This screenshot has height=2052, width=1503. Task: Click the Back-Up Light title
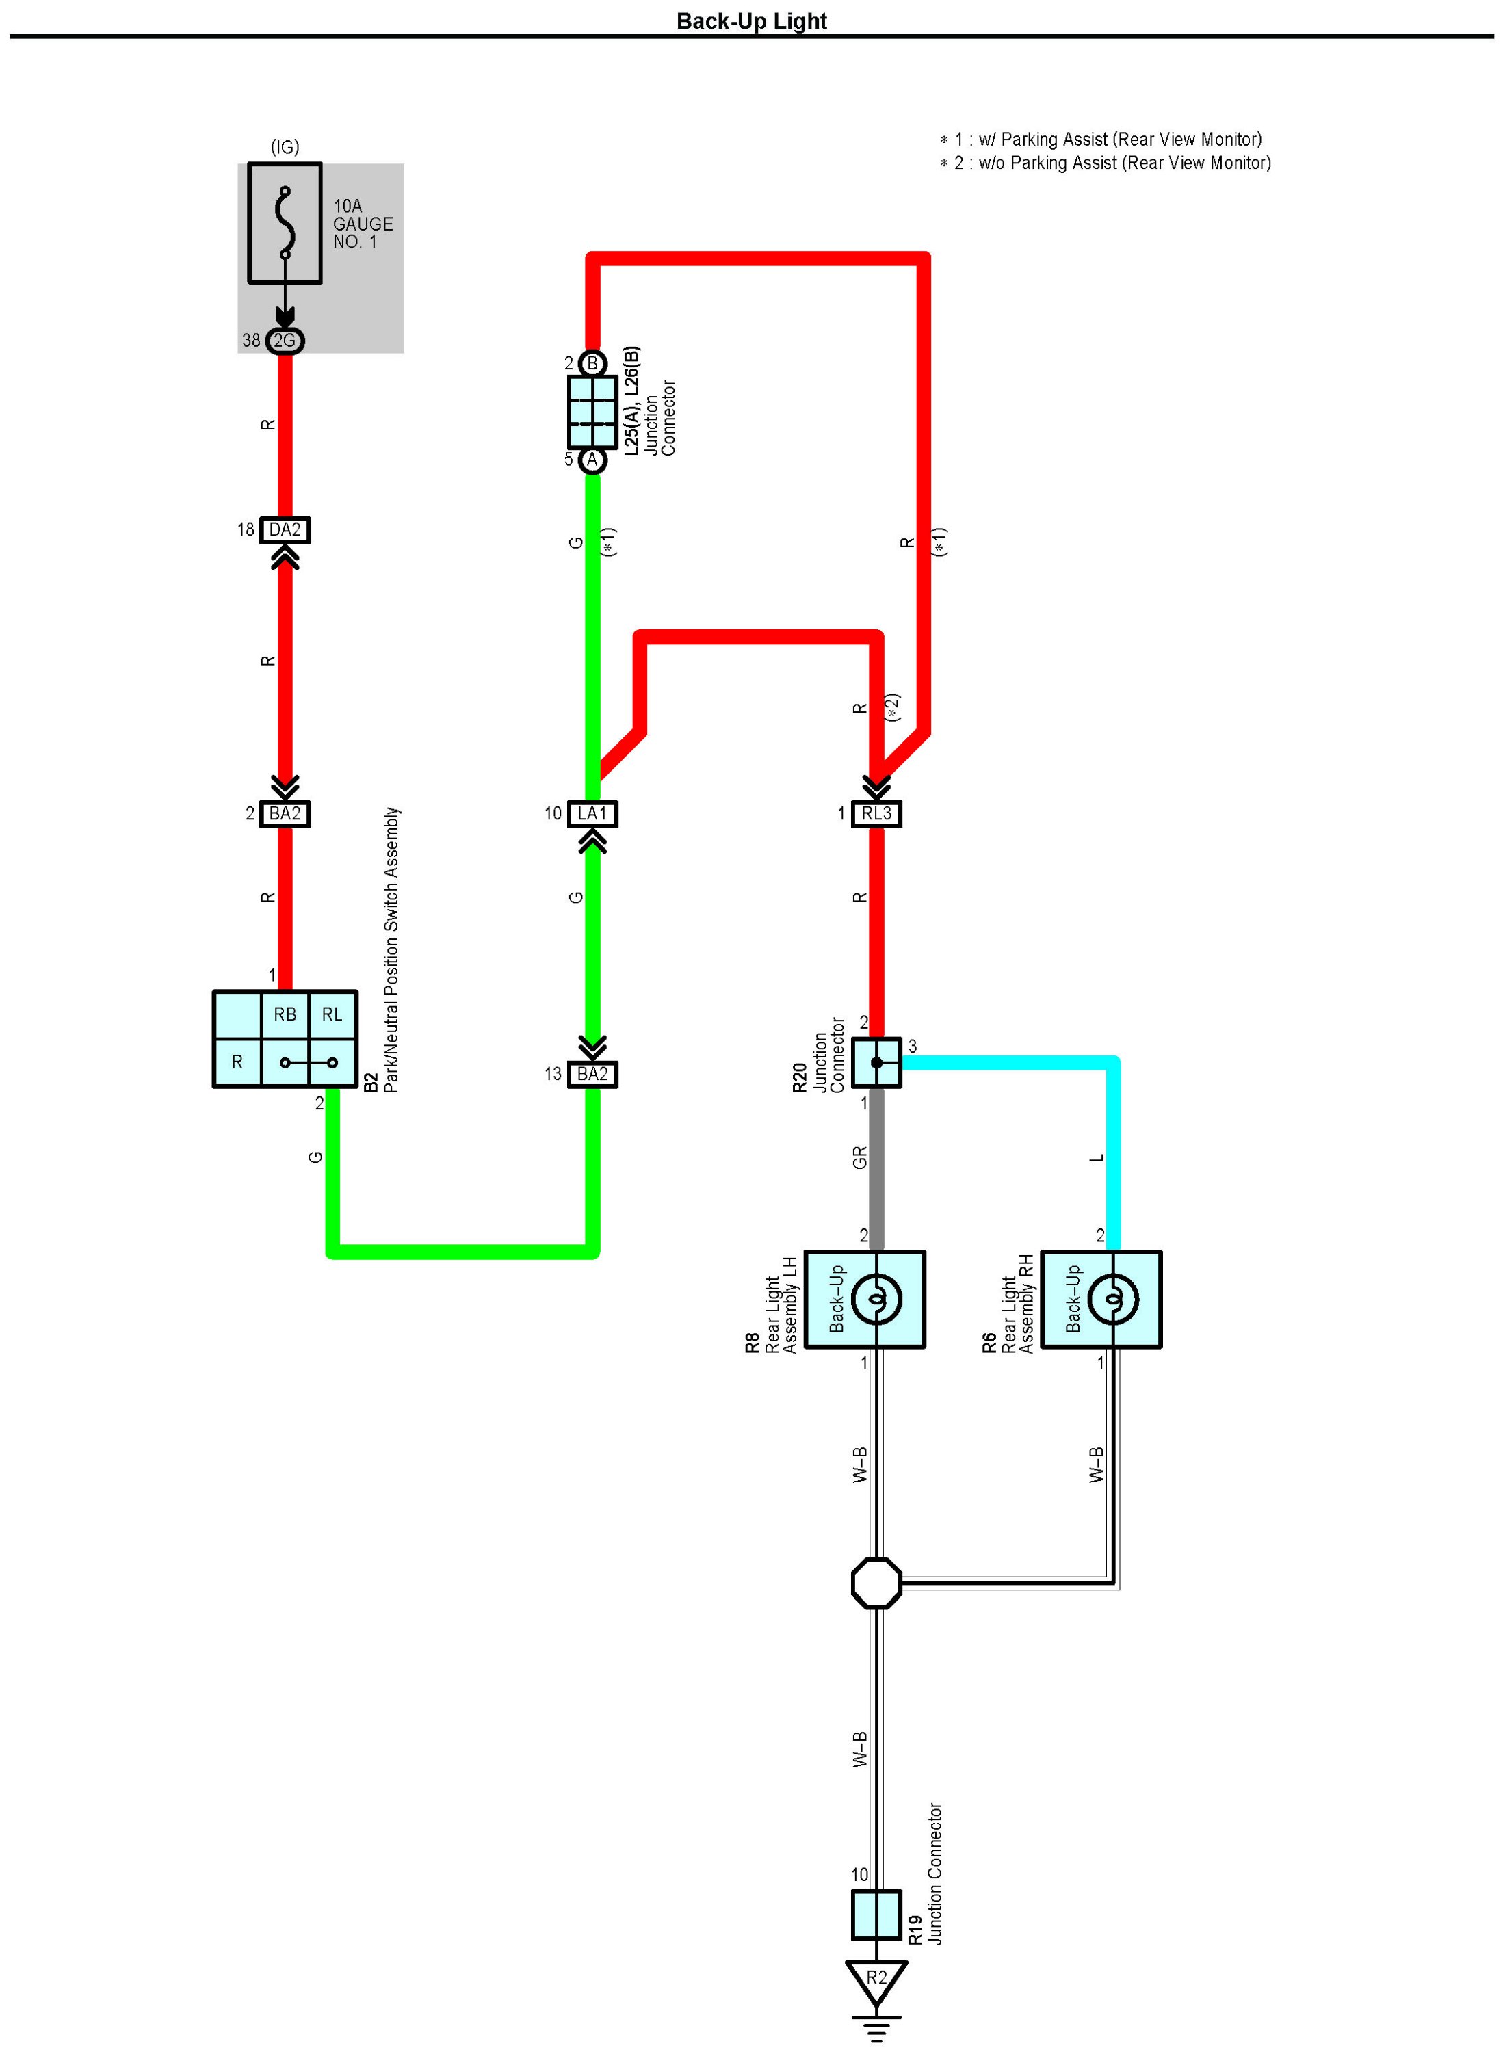tap(751, 21)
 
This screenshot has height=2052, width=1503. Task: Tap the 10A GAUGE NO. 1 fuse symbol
tap(285, 224)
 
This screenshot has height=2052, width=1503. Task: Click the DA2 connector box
tap(285, 530)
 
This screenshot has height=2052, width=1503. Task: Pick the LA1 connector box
tap(592, 814)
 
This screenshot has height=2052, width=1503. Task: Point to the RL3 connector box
tap(876, 814)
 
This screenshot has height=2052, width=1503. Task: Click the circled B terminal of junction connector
tap(592, 364)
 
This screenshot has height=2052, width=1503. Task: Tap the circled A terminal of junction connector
tap(592, 460)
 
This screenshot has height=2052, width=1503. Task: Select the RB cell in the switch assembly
tap(285, 1015)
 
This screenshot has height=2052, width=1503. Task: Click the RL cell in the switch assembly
tap(332, 1015)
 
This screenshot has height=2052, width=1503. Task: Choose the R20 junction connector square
tap(876, 1062)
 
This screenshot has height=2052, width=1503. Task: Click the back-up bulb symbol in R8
tap(876, 1299)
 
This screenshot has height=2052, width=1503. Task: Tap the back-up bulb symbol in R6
tap(1112, 1299)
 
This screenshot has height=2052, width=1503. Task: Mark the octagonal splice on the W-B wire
tap(876, 1583)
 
